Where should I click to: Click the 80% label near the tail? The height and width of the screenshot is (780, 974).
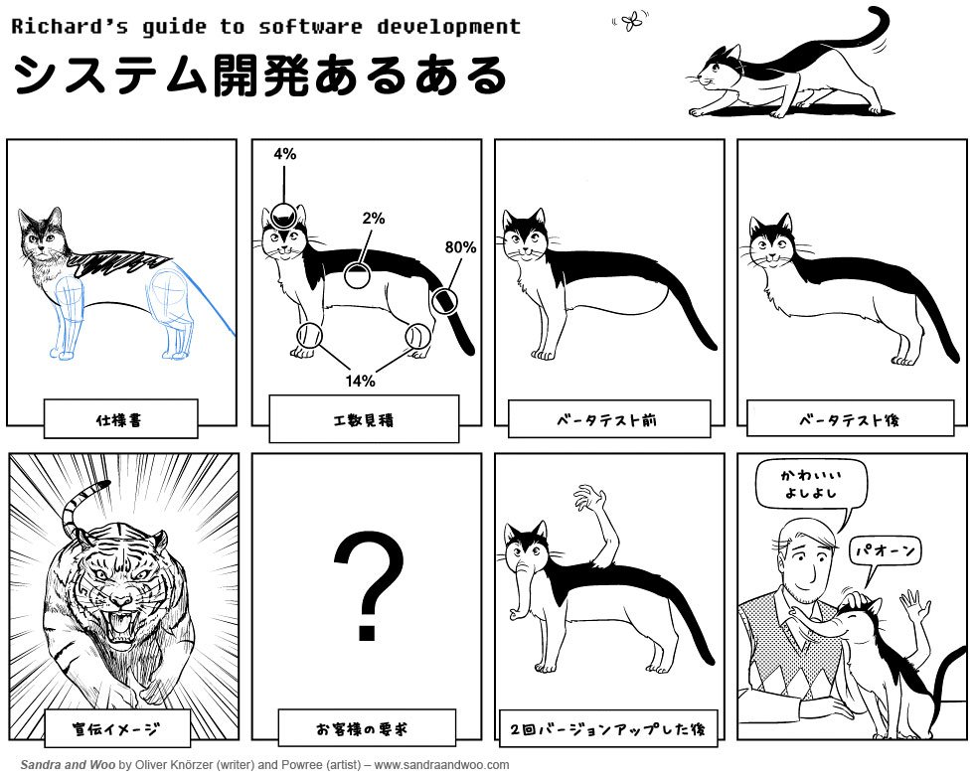click(x=460, y=247)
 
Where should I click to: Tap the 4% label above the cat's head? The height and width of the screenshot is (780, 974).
click(x=284, y=153)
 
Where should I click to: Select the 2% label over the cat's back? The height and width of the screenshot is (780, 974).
click(x=374, y=218)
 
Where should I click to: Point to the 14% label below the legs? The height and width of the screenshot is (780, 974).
click(x=360, y=380)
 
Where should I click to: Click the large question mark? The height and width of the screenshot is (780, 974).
click(x=368, y=585)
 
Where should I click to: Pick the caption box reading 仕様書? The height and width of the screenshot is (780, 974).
click(x=121, y=419)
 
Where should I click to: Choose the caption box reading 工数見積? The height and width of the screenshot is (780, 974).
click(x=364, y=419)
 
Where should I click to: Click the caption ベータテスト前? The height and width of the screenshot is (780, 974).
click(x=609, y=419)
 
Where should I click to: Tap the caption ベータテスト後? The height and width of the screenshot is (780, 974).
click(x=851, y=418)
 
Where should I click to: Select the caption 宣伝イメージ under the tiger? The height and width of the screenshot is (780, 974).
click(x=117, y=728)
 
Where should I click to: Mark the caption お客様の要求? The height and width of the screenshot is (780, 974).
click(x=367, y=727)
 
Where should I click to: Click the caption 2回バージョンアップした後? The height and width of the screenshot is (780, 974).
click(x=608, y=728)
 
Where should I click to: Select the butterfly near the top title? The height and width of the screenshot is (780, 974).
click(x=631, y=22)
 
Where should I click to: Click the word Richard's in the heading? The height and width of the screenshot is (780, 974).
click(x=70, y=27)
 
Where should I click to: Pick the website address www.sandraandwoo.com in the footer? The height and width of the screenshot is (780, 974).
click(x=441, y=764)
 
